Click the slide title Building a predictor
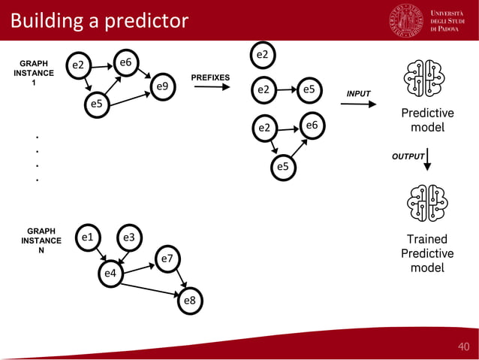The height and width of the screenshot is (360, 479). [98, 20]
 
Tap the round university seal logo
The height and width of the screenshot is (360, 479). [407, 20]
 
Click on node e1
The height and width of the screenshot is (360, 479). [88, 238]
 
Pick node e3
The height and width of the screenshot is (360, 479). [128, 238]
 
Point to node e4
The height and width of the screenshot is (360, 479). [110, 273]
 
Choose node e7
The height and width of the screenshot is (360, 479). [167, 259]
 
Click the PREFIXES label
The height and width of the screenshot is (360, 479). [210, 77]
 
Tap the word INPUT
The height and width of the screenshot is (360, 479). [358, 93]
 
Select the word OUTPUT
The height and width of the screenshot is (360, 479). [408, 156]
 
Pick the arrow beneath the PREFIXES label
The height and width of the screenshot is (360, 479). [212, 88]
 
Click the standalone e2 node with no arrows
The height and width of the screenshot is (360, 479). [262, 55]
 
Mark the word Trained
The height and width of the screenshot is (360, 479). [426, 239]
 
